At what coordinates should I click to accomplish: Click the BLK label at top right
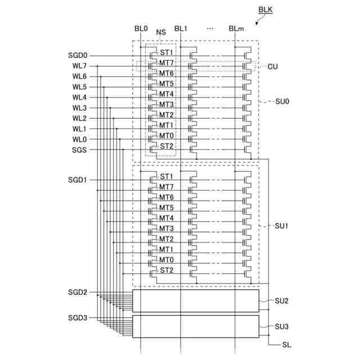(x=265, y=10)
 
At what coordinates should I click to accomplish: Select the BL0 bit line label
(x=141, y=29)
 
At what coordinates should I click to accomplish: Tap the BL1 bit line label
(x=181, y=29)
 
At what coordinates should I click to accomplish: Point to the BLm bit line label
(x=236, y=29)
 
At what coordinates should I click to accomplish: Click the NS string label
(x=161, y=33)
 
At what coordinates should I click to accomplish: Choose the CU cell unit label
(x=273, y=66)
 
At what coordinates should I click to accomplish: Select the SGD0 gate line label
(x=78, y=56)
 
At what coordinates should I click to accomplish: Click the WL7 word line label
(x=79, y=66)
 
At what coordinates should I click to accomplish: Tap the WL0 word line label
(x=79, y=139)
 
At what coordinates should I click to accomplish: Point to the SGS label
(x=79, y=150)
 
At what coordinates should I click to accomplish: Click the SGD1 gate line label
(x=78, y=180)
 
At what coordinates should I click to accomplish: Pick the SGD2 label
(x=78, y=292)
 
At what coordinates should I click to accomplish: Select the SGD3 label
(x=78, y=318)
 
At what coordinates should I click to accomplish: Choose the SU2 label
(x=282, y=301)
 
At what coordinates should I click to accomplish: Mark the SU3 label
(x=282, y=327)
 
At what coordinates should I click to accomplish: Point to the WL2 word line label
(x=79, y=119)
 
